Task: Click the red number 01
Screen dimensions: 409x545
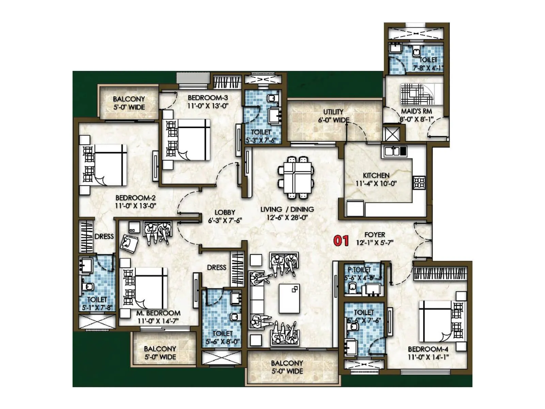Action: (341, 241)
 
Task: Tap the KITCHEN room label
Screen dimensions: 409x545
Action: (376, 175)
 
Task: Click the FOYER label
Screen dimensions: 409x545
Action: (375, 235)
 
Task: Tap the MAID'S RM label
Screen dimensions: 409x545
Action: (416, 111)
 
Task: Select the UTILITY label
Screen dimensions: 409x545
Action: (333, 112)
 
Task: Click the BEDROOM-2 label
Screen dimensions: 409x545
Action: (136, 198)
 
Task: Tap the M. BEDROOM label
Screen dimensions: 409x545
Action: (158, 313)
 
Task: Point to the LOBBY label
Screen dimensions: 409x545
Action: (225, 212)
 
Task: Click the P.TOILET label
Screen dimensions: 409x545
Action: (359, 270)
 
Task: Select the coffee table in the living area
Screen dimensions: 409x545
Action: (289, 298)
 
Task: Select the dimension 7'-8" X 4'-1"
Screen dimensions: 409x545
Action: (428, 68)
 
